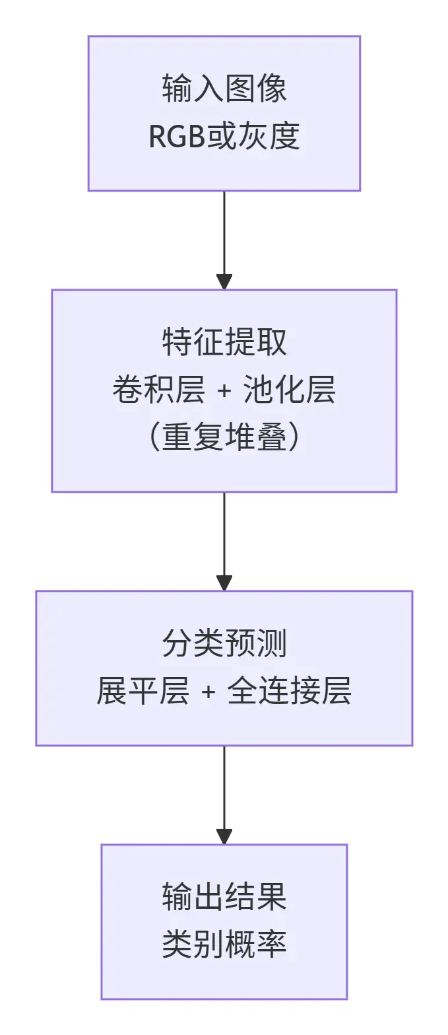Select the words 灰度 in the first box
coord(277,137)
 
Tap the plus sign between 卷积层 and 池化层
coord(224,391)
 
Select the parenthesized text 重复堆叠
coord(224,438)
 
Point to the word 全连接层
coord(289,692)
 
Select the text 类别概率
coord(224,945)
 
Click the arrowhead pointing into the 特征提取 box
coord(224,281)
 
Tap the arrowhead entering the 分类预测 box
coord(224,583)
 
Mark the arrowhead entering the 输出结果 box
coord(224,836)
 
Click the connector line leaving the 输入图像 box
coord(224,231)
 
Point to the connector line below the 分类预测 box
coord(224,786)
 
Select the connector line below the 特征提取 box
coord(224,532)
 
